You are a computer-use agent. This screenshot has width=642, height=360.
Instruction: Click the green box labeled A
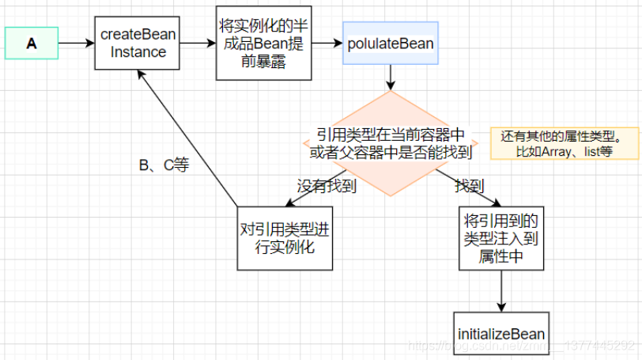point(32,44)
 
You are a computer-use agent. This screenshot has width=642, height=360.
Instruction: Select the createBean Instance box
point(138,44)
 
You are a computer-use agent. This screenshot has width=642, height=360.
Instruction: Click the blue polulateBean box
point(389,44)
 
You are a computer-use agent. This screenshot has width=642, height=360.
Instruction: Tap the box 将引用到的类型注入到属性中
point(500,237)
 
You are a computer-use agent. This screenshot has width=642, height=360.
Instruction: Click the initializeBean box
point(500,334)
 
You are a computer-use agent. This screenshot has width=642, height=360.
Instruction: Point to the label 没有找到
point(327,187)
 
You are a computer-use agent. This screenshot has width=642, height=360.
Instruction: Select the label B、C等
point(164,165)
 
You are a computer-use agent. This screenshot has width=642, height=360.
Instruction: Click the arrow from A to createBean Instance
point(77,44)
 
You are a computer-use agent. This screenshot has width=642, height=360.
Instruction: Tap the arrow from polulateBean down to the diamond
point(390,77)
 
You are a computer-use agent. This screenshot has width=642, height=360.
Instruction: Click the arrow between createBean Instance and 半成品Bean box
point(197,44)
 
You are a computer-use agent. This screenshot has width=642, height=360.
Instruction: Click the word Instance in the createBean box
point(138,52)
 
